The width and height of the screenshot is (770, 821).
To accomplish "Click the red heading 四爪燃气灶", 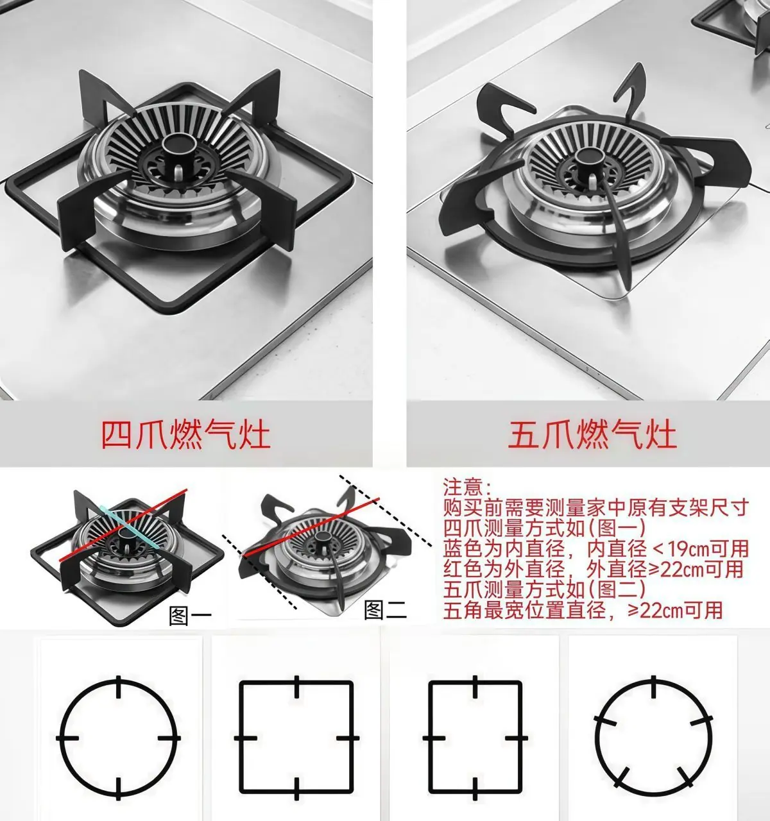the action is coord(186,435).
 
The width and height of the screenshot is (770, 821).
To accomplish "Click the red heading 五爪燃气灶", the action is coord(592,435).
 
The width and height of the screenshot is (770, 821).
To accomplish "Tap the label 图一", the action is coord(191,616).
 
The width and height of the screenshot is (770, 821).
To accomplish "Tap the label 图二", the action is coord(385,609).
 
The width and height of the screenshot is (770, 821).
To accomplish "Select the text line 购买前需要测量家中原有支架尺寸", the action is coord(596,507).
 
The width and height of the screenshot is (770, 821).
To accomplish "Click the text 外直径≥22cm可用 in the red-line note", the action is coord(665,569).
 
